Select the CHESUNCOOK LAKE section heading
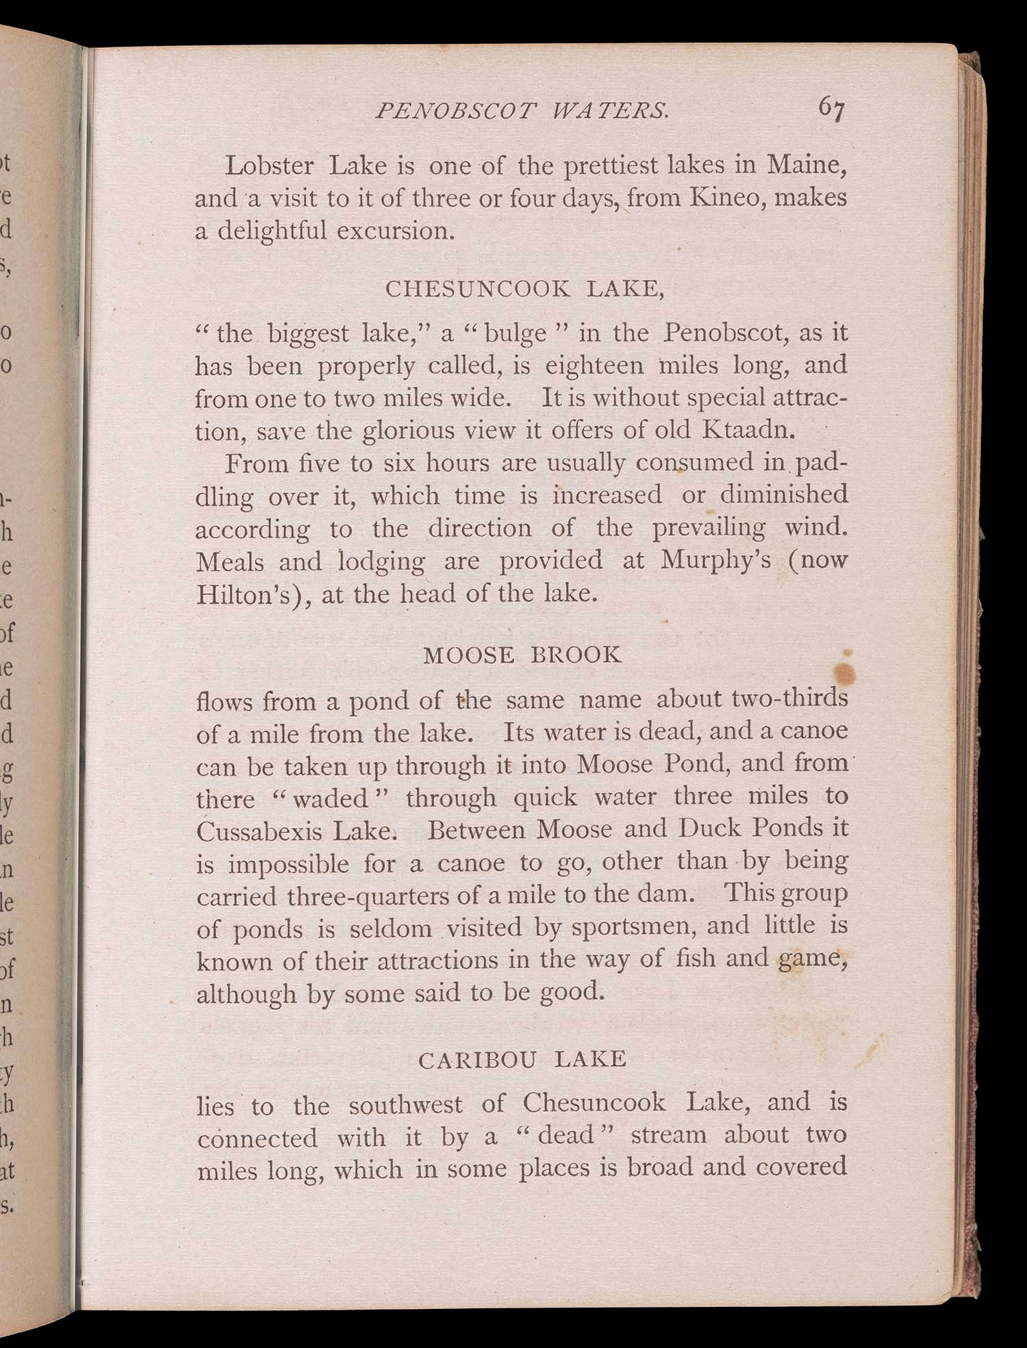pyautogui.click(x=525, y=289)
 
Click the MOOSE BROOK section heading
pyautogui.click(x=522, y=655)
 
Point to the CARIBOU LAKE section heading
pyautogui.click(x=522, y=1060)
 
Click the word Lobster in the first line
pyautogui.click(x=270, y=166)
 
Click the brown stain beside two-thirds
pyautogui.click(x=847, y=672)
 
